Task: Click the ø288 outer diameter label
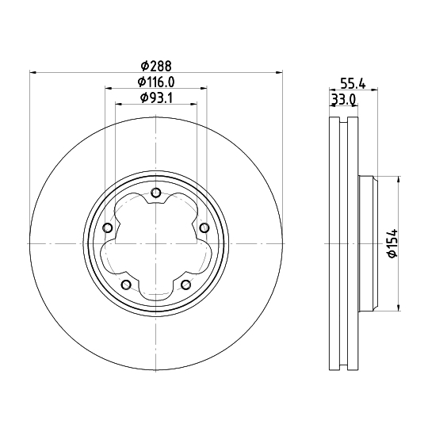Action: pos(155,66)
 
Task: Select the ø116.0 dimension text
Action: pos(155,82)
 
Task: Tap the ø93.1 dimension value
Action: pos(155,97)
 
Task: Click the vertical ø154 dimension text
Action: pos(391,243)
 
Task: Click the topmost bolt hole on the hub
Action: pos(155,193)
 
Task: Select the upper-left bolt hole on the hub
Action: pos(107,228)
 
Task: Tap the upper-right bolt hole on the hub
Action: pos(204,228)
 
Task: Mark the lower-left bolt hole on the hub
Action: pos(125,285)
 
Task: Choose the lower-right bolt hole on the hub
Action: pos(185,285)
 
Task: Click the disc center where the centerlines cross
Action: pos(155,243)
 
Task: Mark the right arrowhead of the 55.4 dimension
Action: pos(376,89)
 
